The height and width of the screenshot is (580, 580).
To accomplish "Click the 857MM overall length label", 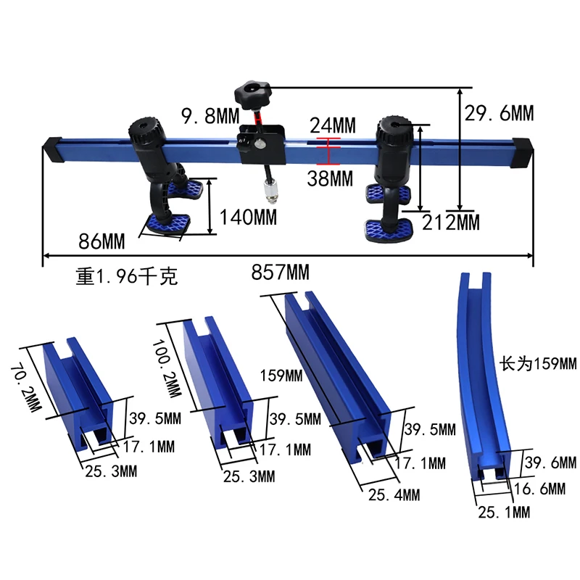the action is click(280, 273).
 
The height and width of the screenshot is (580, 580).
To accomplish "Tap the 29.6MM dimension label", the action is click(499, 113).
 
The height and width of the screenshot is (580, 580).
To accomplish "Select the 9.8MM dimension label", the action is click(210, 116).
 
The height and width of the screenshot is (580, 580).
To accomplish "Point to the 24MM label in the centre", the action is click(333, 125).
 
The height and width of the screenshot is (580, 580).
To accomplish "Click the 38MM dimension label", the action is click(330, 178).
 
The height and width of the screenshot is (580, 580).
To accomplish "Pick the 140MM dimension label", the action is click(248, 217).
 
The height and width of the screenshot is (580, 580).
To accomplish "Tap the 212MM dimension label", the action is click(450, 223).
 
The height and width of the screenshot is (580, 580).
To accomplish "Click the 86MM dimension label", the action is click(101, 241).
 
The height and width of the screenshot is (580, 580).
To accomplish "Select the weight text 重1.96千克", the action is click(127, 276).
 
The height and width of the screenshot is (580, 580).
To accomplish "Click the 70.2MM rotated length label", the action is click(25, 388).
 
